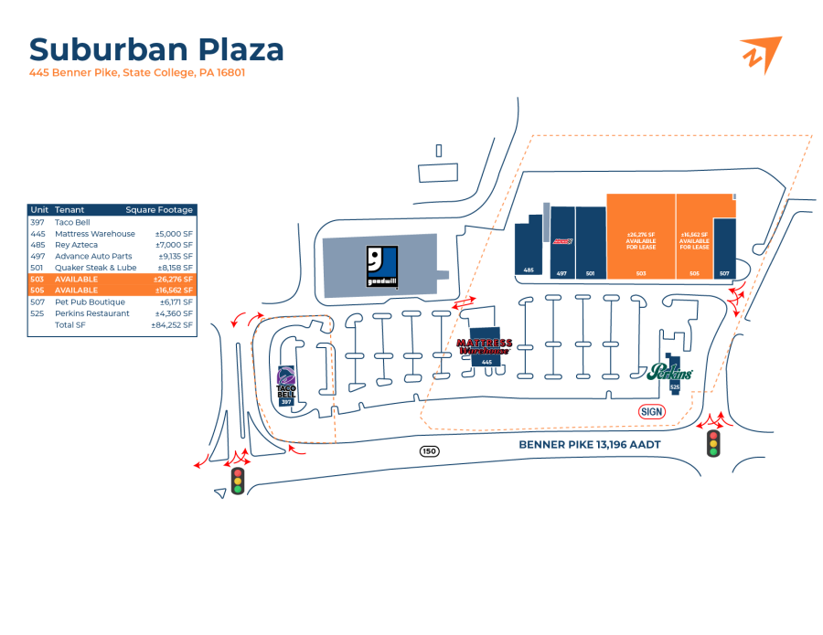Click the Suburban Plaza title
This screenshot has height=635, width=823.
point(156,49)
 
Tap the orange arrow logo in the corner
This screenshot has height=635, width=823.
point(760,54)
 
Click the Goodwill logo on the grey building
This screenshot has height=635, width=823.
point(381,266)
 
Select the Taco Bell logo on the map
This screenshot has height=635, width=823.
point(286,383)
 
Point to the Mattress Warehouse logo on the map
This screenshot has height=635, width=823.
point(484,346)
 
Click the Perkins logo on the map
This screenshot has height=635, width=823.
point(669,372)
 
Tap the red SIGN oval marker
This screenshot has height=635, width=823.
point(651,411)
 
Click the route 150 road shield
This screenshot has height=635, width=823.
point(429,451)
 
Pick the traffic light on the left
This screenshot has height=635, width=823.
point(238,481)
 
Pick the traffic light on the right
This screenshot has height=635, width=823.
point(713,444)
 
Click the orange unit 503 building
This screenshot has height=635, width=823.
point(641,236)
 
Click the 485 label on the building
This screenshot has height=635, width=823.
point(529,270)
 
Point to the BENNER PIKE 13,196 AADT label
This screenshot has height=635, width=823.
point(590,445)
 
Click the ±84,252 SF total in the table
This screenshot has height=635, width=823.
point(172,324)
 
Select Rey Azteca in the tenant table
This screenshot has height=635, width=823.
point(76,245)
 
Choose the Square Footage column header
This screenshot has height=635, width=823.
point(159,210)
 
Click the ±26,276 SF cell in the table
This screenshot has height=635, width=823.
point(174,279)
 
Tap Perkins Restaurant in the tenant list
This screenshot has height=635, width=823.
point(92,313)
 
